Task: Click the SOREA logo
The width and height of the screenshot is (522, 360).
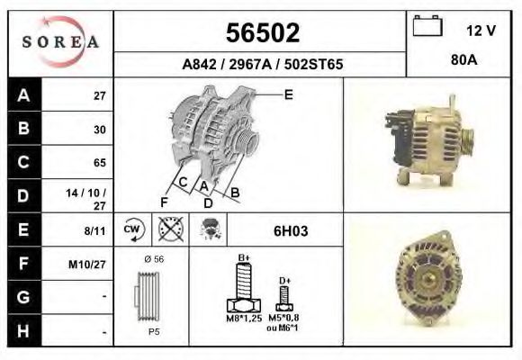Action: pyautogui.click(x=60, y=42)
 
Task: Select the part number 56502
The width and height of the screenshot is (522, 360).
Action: pyautogui.click(x=261, y=34)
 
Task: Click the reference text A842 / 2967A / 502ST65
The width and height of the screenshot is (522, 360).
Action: pyautogui.click(x=261, y=65)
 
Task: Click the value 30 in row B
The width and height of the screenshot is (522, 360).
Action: pyautogui.click(x=99, y=130)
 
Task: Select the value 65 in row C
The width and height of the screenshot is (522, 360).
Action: pyautogui.click(x=99, y=163)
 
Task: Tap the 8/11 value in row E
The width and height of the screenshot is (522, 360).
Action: pyautogui.click(x=94, y=230)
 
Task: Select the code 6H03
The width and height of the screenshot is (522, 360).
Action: pyautogui.click(x=291, y=230)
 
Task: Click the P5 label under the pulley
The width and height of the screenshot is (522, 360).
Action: pyautogui.click(x=154, y=331)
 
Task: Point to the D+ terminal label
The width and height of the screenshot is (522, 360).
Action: pyautogui.click(x=284, y=281)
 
